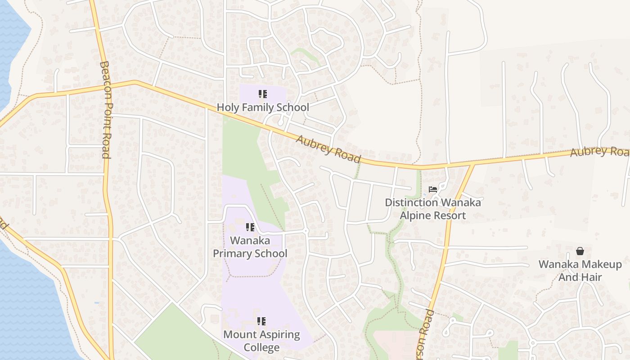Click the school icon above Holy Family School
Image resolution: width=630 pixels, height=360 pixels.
(262, 94)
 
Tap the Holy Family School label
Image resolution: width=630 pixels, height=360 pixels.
(263, 108)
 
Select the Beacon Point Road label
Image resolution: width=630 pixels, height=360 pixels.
(105, 110)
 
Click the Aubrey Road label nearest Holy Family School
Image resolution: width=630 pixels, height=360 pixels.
(328, 149)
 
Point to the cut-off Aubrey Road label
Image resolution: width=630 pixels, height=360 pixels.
(599, 152)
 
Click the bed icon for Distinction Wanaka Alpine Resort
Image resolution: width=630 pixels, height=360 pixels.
(433, 189)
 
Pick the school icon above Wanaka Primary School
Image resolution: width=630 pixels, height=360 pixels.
(250, 227)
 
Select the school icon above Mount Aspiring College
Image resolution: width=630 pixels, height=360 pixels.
(261, 321)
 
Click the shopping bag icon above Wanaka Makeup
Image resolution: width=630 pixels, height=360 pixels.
(580, 251)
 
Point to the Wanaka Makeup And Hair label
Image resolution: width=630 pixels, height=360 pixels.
(580, 270)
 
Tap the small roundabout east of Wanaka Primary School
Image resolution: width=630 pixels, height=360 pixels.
(306, 231)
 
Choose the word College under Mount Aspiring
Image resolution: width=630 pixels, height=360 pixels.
(261, 347)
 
